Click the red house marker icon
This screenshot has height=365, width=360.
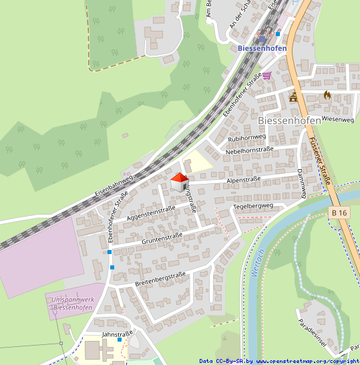tap(179, 182)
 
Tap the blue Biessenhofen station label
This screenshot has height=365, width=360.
tap(262, 48)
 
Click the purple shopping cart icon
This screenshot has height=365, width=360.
tap(267, 76)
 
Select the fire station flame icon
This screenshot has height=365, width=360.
tap(327, 96)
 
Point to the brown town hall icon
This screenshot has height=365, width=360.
tap(293, 98)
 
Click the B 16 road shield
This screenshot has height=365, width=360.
tap(339, 213)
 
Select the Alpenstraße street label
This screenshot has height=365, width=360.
tap(243, 180)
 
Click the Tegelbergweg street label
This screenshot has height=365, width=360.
tap(254, 207)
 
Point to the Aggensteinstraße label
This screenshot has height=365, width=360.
tap(151, 213)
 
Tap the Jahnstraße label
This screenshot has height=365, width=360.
tap(118, 332)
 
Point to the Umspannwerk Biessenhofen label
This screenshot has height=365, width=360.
tap(75, 305)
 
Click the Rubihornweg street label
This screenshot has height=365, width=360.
tap(247, 138)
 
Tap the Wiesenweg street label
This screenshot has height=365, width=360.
tap(337, 119)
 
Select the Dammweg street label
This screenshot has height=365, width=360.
tap(301, 182)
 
